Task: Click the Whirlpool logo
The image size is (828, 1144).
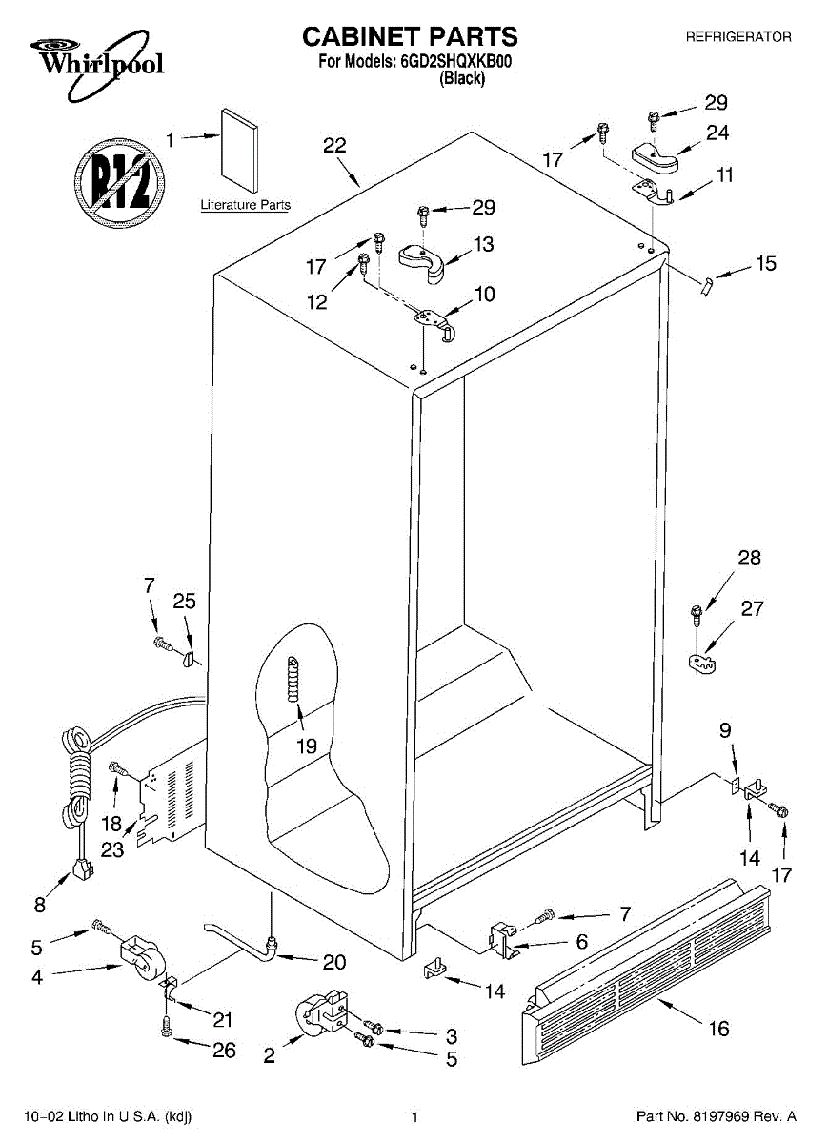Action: click(94, 58)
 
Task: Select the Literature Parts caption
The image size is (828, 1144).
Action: click(245, 205)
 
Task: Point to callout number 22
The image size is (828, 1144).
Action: click(334, 146)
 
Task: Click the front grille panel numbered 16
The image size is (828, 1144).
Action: click(647, 964)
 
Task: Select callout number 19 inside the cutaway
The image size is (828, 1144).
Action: click(306, 746)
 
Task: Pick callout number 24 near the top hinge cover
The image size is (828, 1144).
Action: click(717, 133)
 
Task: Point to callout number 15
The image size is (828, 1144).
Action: click(766, 264)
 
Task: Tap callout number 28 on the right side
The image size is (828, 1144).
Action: click(750, 558)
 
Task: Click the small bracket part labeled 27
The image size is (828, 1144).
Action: click(705, 661)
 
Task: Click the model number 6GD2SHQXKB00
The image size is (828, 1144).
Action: click(454, 63)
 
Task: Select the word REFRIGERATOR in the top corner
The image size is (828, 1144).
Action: click(738, 37)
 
